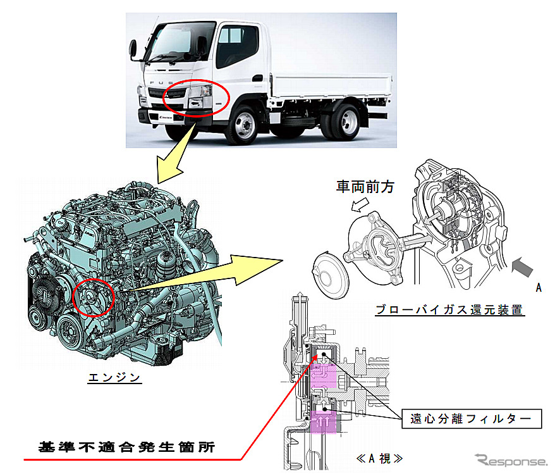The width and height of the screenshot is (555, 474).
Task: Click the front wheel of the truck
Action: coord(243,124)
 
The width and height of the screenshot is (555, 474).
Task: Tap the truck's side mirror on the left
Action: coord(133,50)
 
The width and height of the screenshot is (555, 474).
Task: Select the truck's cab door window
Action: coord(236,46)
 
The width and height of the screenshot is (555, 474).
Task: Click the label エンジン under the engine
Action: coord(114,377)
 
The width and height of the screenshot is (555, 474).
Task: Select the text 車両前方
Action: coord(365,187)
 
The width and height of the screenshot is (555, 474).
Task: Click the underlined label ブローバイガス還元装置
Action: coord(449,309)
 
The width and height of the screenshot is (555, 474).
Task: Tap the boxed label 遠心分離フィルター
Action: coord(471,419)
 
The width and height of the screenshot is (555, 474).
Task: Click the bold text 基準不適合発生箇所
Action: coord(126,447)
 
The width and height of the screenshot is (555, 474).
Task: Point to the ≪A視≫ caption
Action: coord(379,458)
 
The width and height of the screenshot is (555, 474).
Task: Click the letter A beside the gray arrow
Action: coord(539,287)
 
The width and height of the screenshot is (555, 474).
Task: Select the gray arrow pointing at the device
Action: coord(522,266)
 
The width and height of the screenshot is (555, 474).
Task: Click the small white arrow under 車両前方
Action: coord(360,205)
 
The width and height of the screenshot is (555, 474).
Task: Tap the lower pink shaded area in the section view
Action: coord(323,422)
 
